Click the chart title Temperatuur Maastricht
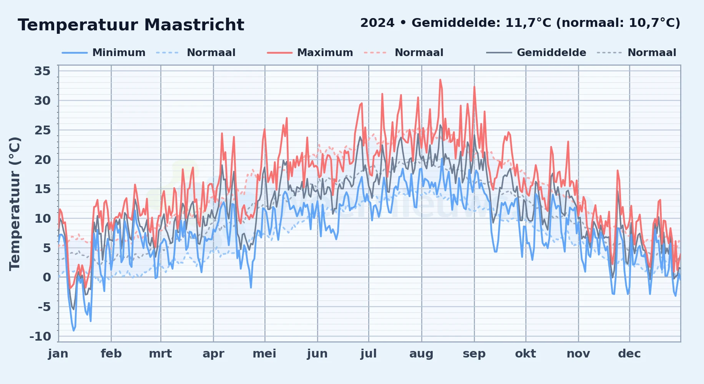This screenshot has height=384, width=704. (131, 25)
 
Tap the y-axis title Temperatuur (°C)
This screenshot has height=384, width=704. (15, 204)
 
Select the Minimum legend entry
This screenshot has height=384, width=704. (104, 53)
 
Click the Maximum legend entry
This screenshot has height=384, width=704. (310, 53)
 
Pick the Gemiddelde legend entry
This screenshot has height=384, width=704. (536, 53)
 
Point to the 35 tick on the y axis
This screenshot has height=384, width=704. (42, 71)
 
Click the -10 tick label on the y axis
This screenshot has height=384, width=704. (40, 336)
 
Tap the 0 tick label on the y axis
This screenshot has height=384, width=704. (46, 277)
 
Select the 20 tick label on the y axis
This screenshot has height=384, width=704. (42, 159)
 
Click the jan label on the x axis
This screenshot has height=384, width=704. (58, 353)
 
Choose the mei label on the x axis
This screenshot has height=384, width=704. (264, 353)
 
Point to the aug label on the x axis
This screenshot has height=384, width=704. (421, 354)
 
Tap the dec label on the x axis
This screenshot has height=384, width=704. (629, 353)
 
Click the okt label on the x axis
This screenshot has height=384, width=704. (526, 353)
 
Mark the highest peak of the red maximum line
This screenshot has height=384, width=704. (440, 80)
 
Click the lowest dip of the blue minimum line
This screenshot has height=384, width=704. (74, 330)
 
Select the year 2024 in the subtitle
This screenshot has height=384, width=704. (377, 23)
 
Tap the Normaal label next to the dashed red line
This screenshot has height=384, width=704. (419, 53)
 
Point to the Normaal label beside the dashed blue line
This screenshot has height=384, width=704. (211, 53)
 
